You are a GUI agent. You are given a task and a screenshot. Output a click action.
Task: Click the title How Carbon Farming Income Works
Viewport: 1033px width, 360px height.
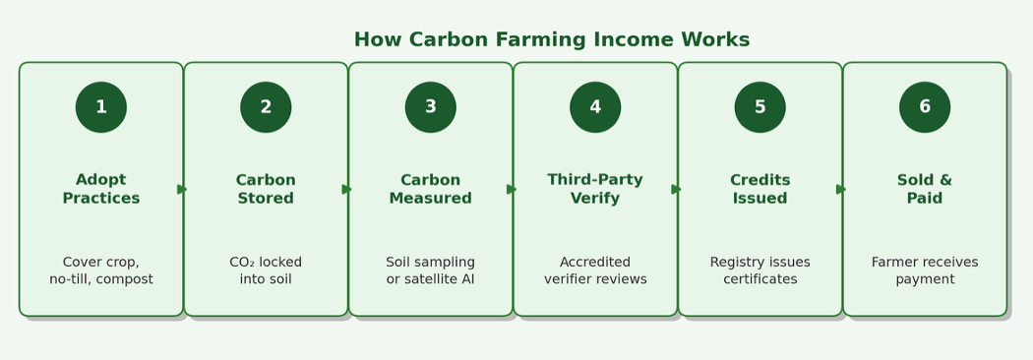tap(551, 39)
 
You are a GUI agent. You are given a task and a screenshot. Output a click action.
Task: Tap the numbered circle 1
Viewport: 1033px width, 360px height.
tap(100, 107)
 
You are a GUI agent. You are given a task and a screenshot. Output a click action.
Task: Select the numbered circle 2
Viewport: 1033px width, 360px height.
tap(266, 107)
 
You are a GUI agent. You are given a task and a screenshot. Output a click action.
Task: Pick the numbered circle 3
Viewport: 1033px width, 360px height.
tap(430, 107)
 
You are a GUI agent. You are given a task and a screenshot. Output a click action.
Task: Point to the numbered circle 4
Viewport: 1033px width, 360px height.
tap(595, 107)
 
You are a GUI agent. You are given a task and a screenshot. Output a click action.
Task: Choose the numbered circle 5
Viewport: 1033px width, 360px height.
tap(760, 107)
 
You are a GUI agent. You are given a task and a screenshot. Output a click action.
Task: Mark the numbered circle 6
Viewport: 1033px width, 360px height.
tap(925, 107)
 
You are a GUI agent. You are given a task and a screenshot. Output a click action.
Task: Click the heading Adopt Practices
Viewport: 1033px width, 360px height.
tap(100, 189)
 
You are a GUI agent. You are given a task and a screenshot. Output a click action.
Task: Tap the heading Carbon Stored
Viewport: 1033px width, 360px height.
tap(266, 189)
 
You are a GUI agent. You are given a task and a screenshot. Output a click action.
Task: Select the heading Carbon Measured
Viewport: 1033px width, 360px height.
tap(430, 189)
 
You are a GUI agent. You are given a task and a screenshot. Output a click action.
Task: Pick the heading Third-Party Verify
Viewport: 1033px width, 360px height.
tap(595, 189)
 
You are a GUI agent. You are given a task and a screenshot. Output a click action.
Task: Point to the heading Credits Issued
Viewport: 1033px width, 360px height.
tap(760, 189)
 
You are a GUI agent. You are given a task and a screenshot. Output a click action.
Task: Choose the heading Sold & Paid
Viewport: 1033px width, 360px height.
tap(925, 189)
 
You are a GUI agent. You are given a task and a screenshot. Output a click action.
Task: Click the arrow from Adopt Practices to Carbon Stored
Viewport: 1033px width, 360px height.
tap(182, 190)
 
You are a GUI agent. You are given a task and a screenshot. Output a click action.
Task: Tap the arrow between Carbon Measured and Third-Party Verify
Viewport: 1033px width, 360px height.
tap(512, 190)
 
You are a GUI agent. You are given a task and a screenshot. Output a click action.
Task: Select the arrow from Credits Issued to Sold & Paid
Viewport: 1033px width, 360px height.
tap(841, 190)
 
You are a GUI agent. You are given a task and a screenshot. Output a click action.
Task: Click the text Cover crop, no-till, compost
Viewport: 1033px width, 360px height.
tap(100, 270)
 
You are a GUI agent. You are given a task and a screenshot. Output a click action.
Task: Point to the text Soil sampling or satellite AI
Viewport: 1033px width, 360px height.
tap(430, 270)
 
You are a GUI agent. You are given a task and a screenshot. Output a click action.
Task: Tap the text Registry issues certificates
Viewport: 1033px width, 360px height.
tap(760, 270)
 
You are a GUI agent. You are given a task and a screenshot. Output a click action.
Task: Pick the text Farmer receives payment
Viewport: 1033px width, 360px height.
tap(925, 270)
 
